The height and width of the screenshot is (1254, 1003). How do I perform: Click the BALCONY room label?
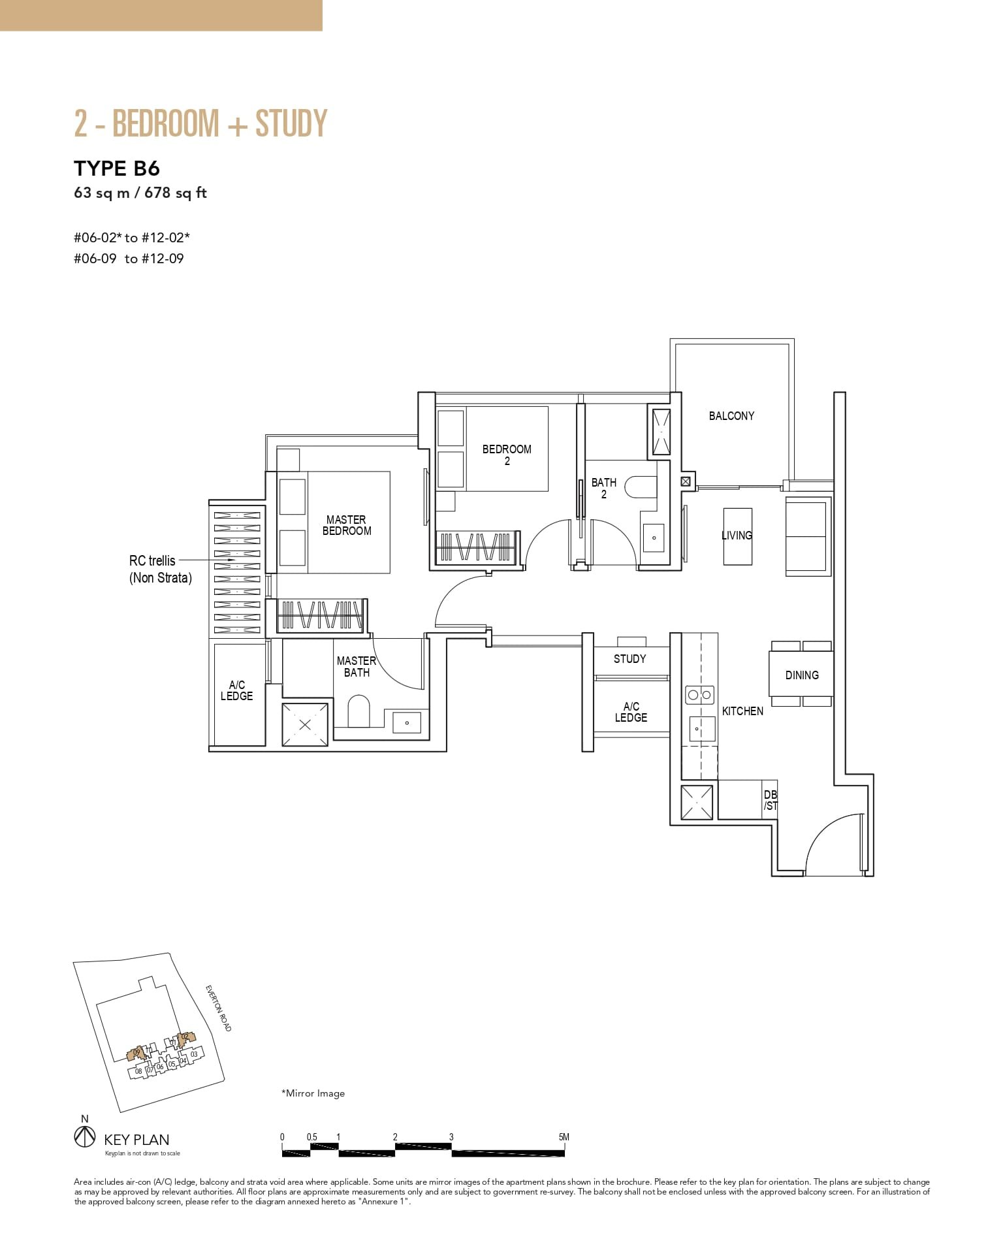click(x=731, y=416)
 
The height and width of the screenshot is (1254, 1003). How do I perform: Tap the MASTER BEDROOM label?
click(x=347, y=525)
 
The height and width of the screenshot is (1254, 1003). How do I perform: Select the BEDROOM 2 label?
click(x=507, y=455)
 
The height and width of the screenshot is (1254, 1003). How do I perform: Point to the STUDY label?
click(x=629, y=659)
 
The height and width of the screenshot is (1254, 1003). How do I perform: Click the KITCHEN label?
click(x=742, y=711)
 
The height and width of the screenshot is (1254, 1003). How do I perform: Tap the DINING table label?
click(x=801, y=675)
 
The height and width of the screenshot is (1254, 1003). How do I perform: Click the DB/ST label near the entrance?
click(x=771, y=800)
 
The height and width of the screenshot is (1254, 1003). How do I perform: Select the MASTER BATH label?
click(x=357, y=666)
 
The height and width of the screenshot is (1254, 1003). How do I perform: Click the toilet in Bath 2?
click(x=640, y=487)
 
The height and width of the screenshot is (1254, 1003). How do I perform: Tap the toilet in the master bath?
click(x=358, y=711)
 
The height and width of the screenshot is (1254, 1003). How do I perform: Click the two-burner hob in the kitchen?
click(x=699, y=695)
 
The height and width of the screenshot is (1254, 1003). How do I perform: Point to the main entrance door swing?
click(x=836, y=846)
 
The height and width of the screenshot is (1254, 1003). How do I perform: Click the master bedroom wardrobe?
click(x=319, y=615)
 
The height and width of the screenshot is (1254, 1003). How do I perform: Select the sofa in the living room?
click(x=807, y=536)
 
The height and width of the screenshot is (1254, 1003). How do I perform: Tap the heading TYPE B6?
click(x=117, y=169)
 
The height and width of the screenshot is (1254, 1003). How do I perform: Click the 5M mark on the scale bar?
click(x=564, y=1137)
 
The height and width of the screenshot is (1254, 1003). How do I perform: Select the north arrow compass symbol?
click(x=84, y=1137)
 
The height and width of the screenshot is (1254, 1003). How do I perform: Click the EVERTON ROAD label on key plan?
click(x=219, y=1008)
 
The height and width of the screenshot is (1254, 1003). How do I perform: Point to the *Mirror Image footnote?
click(x=313, y=1093)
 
